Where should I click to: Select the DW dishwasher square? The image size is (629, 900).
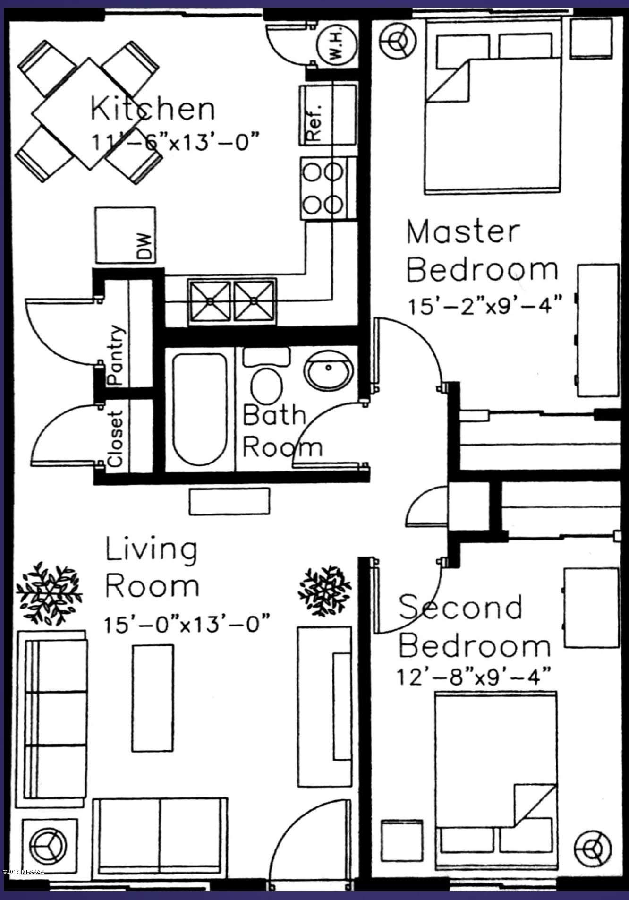tap(125, 235)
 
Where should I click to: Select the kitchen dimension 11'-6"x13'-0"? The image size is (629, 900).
tap(175, 141)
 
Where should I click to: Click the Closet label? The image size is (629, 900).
tap(116, 438)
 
